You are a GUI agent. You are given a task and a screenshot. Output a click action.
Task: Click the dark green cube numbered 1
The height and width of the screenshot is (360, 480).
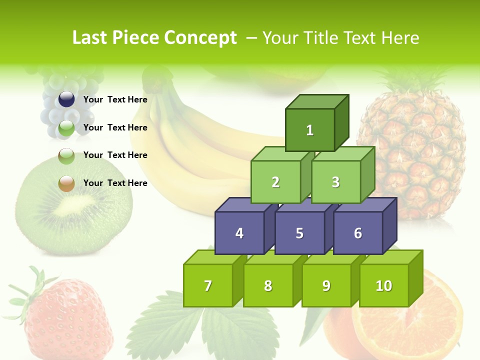310,130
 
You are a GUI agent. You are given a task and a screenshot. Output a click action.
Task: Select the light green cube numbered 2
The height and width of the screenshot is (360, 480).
275,182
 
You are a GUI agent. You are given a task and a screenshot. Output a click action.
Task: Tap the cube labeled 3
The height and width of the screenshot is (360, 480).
335,182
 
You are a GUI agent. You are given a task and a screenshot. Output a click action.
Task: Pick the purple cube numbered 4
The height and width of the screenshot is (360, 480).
239,233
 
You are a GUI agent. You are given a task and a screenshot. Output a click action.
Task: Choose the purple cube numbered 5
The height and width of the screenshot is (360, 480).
299,233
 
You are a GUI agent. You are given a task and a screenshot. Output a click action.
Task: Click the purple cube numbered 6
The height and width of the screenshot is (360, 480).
357,233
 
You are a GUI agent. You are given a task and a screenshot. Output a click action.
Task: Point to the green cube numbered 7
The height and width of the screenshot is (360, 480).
208,285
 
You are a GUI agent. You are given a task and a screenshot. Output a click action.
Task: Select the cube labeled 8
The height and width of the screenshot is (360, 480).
268,285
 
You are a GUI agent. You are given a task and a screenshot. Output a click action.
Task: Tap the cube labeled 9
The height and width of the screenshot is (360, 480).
326,285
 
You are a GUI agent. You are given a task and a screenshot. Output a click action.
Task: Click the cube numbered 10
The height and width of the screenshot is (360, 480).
383,285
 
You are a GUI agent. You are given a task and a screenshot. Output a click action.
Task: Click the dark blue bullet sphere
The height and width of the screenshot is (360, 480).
66,99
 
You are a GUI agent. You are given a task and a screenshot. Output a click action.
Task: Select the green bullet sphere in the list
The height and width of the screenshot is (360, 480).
66,128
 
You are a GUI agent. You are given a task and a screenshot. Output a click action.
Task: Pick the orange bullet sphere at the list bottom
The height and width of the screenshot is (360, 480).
66,183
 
